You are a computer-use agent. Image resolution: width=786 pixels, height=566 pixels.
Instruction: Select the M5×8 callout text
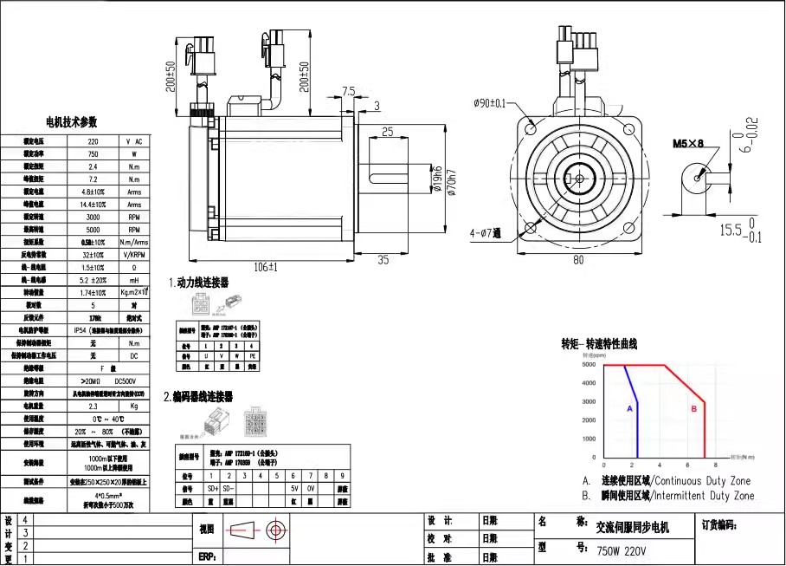(689, 144)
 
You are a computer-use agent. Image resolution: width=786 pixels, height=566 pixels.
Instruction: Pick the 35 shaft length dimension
(383, 258)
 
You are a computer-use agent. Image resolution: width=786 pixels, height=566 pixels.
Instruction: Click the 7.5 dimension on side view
(348, 91)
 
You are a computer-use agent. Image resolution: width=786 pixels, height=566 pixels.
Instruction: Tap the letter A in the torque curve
(630, 407)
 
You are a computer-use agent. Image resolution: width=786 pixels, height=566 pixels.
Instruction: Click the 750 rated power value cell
(93, 153)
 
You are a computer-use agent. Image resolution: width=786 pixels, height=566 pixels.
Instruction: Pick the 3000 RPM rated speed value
(93, 217)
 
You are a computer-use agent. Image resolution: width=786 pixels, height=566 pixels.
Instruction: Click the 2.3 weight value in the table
(93, 405)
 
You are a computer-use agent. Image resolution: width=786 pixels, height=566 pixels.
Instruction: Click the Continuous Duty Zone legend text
(702, 481)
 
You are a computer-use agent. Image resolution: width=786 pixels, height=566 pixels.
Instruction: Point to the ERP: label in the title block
(208, 556)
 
